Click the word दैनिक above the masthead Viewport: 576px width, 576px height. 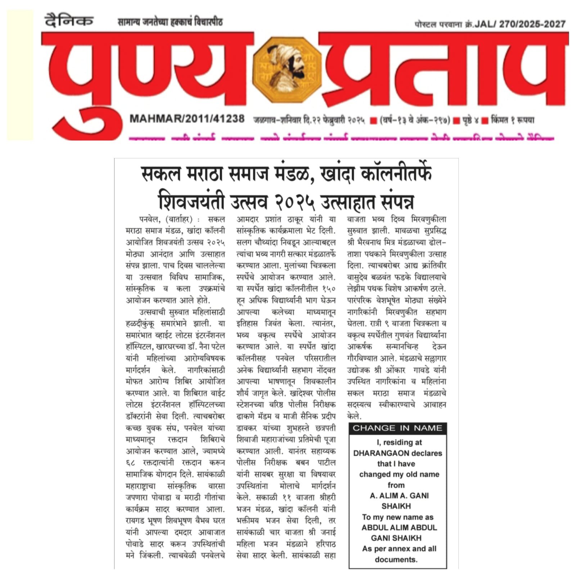click(69, 21)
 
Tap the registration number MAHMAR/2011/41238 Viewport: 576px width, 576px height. click(187, 119)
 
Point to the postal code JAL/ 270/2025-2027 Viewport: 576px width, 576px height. click(520, 24)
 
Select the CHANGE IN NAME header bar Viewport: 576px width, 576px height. click(397, 428)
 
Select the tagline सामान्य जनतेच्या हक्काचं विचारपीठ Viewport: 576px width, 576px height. click(170, 22)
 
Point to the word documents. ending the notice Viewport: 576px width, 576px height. click(396, 559)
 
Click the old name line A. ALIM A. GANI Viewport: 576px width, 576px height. click(399, 496)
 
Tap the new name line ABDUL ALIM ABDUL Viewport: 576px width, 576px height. click(399, 527)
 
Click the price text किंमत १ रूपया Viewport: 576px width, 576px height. click(513, 120)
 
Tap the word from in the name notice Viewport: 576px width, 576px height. click(396, 485)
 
